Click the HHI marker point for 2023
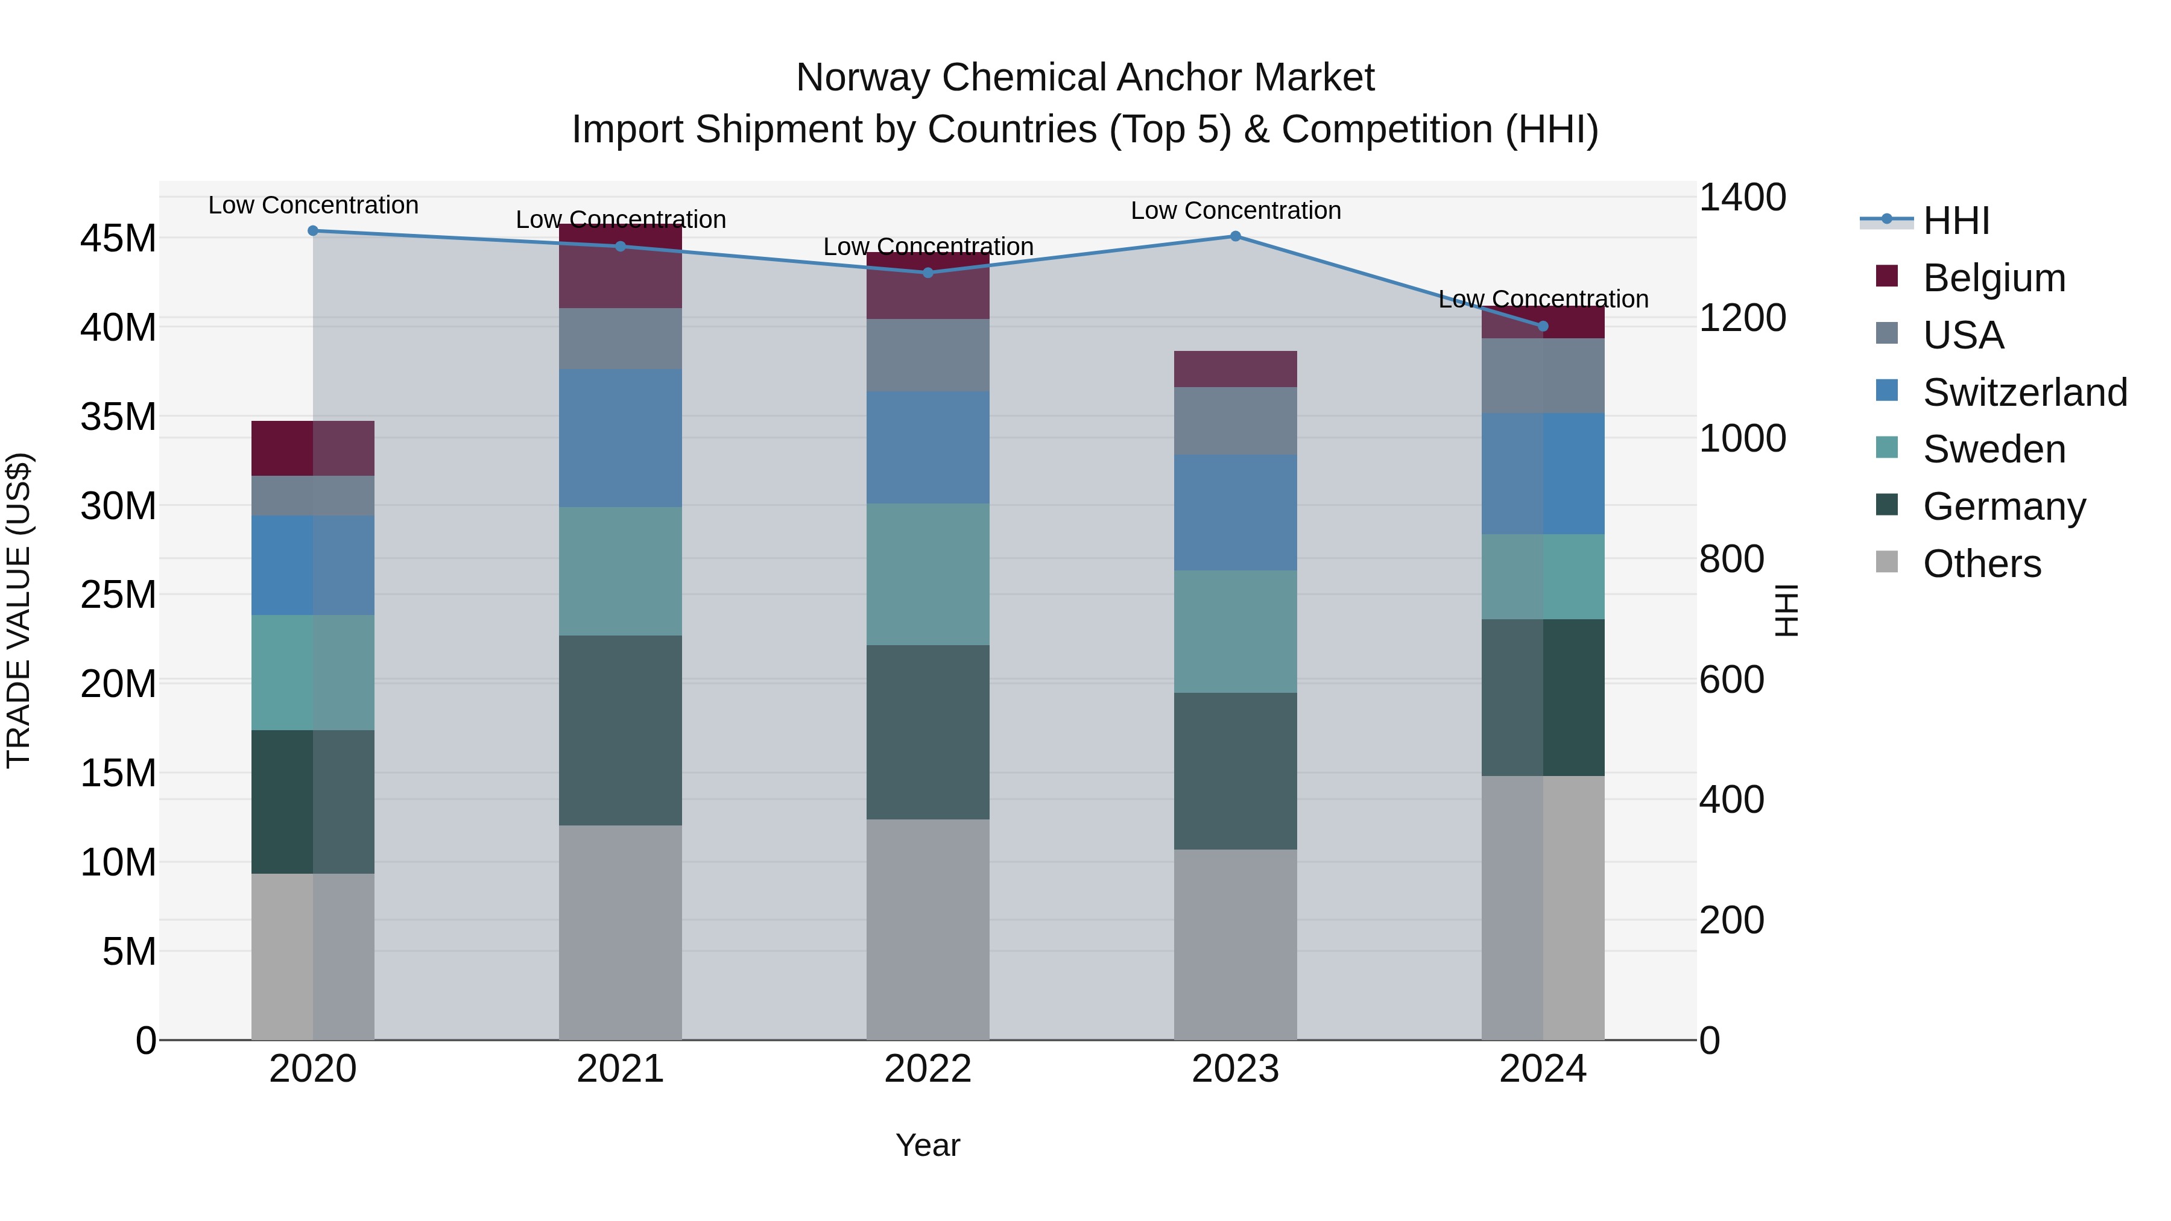click(1236, 236)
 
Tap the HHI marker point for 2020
click(312, 230)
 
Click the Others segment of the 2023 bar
click(1236, 944)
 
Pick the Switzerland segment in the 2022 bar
click(928, 447)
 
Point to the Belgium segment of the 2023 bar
click(1236, 368)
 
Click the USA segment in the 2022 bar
click(928, 355)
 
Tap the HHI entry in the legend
click(1955, 221)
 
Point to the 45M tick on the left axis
click(118, 238)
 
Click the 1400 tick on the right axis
click(1741, 197)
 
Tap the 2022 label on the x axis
click(928, 1069)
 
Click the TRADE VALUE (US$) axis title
click(19, 610)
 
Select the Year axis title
click(928, 1145)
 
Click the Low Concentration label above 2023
click(1236, 210)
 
